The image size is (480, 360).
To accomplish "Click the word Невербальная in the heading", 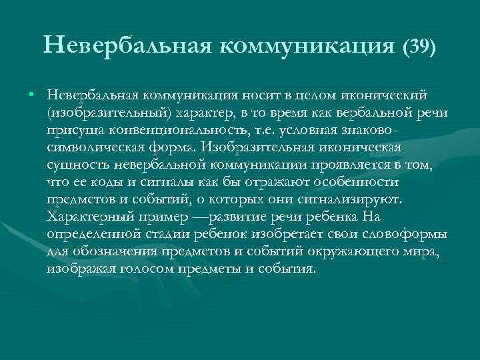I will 126,46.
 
